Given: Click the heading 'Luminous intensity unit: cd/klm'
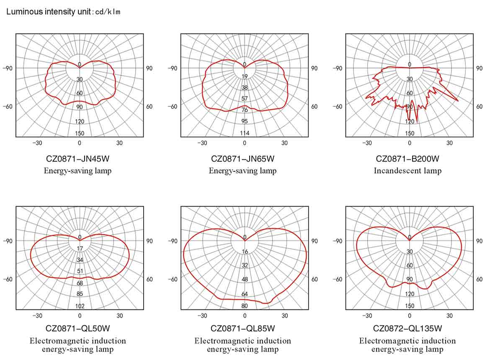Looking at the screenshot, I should tap(63, 12).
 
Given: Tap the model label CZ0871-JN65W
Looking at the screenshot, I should tap(242, 159).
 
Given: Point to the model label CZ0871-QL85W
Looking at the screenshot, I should tap(242, 328).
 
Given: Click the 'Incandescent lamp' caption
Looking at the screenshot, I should tap(407, 170).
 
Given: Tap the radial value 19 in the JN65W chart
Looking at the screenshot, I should tap(245, 76).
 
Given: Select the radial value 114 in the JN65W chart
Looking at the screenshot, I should tap(245, 133).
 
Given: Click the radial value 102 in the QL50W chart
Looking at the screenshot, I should tap(80, 306).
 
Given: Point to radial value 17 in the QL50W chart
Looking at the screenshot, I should tap(80, 248).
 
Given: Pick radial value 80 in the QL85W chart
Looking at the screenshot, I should tap(245, 306).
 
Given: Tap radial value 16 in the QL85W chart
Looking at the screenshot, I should tap(245, 252).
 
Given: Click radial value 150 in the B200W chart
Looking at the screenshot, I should tap(410, 134).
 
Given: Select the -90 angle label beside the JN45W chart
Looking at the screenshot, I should tap(8, 68).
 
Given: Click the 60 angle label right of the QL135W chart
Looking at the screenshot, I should tap(479, 279).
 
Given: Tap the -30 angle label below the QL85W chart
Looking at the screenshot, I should tap(202, 316).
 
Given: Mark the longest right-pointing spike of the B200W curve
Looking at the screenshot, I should tap(457, 101).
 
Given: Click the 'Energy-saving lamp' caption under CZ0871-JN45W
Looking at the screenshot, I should tap(77, 170).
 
